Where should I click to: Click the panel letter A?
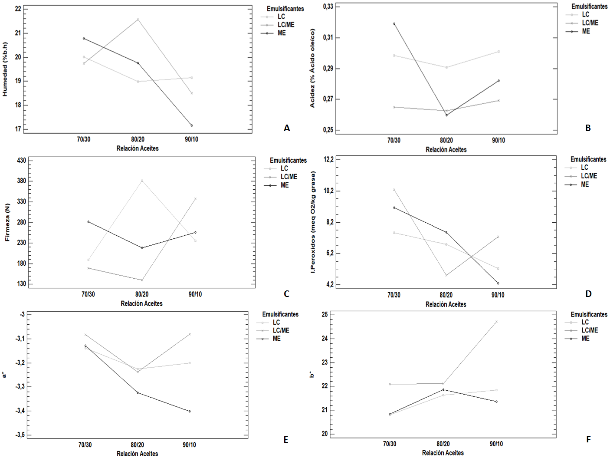(x=286, y=128)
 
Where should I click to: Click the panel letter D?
(x=588, y=294)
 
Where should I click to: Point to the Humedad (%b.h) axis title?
(x=5, y=69)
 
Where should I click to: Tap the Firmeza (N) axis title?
(x=7, y=222)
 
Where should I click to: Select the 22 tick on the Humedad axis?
(x=18, y=9)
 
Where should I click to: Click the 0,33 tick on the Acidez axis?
(x=328, y=7)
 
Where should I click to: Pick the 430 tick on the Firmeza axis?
(x=21, y=161)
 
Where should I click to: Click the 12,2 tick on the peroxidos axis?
(x=328, y=160)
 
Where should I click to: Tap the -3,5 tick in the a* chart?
(x=20, y=435)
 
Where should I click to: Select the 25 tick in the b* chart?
(x=325, y=314)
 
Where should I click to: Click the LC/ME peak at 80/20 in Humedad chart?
(x=138, y=20)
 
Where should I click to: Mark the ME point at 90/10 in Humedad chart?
(x=191, y=125)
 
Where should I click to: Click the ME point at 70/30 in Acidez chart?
(x=394, y=24)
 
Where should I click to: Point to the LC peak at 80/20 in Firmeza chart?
(x=142, y=181)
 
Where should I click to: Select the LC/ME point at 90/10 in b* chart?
(x=496, y=322)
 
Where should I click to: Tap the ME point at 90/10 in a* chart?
(x=190, y=411)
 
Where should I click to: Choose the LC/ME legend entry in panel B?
(x=590, y=23)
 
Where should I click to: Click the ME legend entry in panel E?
(x=276, y=339)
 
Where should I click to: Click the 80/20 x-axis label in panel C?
(x=142, y=294)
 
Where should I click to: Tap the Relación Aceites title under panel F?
(x=443, y=453)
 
